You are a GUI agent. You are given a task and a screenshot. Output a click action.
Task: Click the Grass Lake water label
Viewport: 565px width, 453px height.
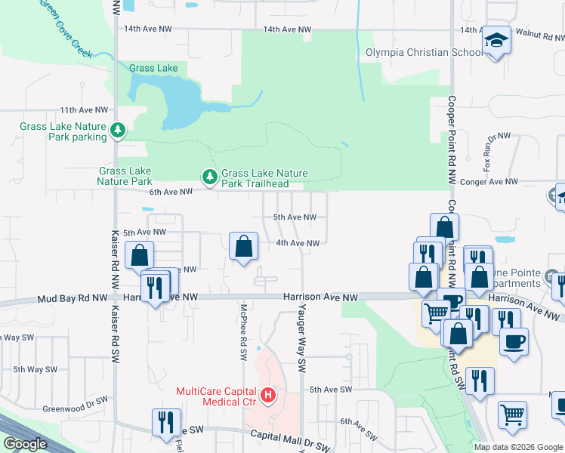[x=153, y=68]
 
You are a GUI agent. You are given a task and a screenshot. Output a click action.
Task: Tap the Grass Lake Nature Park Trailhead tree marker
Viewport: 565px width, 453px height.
[x=209, y=177]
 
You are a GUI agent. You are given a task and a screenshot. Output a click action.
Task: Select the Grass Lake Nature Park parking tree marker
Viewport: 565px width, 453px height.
[x=118, y=131]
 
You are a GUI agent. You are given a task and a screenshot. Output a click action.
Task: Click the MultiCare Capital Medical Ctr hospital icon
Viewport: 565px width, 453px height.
[x=267, y=394]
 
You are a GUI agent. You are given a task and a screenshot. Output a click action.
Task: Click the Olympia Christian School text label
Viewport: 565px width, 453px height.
[x=424, y=53]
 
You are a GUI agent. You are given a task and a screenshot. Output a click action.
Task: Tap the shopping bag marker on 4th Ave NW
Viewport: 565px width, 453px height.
[x=243, y=246]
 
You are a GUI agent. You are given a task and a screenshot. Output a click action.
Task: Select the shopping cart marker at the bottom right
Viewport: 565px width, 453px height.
[x=512, y=414]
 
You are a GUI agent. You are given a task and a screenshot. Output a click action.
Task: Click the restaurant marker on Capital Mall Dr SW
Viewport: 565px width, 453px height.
[x=166, y=422]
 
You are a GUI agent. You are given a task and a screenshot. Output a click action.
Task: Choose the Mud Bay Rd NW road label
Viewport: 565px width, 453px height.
[x=73, y=298]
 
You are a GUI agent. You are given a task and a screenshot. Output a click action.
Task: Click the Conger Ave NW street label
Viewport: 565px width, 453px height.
[x=490, y=182]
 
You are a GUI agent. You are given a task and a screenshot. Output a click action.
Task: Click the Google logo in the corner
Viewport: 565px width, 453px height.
[x=25, y=443]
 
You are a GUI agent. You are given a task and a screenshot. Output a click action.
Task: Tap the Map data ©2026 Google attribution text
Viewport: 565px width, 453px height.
[x=518, y=447]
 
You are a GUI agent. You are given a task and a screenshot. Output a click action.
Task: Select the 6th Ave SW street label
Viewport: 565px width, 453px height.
[x=360, y=428]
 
